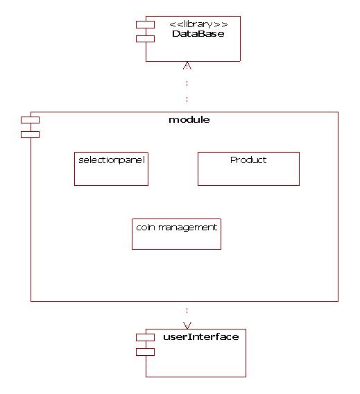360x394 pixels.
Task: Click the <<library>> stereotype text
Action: (x=198, y=24)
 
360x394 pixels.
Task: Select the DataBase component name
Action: (x=198, y=34)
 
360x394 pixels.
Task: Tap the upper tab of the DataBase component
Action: (x=145, y=25)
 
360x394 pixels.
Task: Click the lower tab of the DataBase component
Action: (x=145, y=39)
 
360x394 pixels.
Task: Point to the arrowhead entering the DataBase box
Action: (x=187, y=65)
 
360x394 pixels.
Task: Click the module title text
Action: (x=189, y=120)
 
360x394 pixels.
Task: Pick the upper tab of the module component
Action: (x=30, y=120)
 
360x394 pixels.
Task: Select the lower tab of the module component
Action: (x=30, y=135)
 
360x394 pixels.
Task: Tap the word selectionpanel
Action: (x=112, y=160)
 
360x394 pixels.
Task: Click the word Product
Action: (x=248, y=160)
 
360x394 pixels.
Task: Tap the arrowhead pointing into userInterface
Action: (x=187, y=325)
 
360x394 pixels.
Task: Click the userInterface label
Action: (x=201, y=336)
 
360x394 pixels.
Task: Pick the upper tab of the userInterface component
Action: (x=145, y=337)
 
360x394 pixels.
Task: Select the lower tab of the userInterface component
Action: (x=145, y=352)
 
